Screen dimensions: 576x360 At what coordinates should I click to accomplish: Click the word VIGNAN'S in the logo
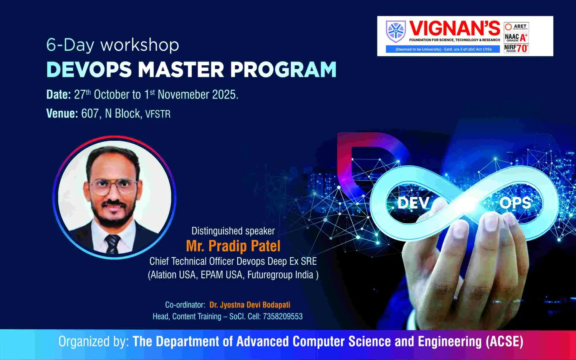tap(455, 28)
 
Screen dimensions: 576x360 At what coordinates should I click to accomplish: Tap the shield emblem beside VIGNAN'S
tap(396, 32)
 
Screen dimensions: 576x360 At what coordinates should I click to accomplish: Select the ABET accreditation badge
tap(516, 27)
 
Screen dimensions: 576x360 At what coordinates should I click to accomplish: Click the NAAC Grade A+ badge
tap(516, 38)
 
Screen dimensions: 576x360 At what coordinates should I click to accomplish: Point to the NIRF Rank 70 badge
tap(516, 48)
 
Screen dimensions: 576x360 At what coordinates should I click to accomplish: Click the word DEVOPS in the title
tap(89, 70)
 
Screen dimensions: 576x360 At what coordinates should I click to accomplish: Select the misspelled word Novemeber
tap(184, 95)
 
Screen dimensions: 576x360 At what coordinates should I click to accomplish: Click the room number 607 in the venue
tap(90, 113)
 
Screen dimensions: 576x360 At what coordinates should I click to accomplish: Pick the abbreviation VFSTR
tap(158, 114)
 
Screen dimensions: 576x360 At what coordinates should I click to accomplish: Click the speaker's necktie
tap(113, 244)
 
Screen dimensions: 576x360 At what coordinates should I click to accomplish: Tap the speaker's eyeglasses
tap(113, 187)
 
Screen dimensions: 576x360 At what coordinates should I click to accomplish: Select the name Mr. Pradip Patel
tap(233, 246)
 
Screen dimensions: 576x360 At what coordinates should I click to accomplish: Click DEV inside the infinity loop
tap(413, 203)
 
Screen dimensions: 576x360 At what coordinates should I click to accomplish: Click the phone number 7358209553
tap(283, 316)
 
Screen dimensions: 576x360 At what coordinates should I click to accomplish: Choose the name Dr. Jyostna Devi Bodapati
tap(250, 305)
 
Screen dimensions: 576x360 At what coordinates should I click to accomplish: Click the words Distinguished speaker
tap(233, 231)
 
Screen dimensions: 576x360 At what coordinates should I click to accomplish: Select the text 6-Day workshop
tap(113, 45)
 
